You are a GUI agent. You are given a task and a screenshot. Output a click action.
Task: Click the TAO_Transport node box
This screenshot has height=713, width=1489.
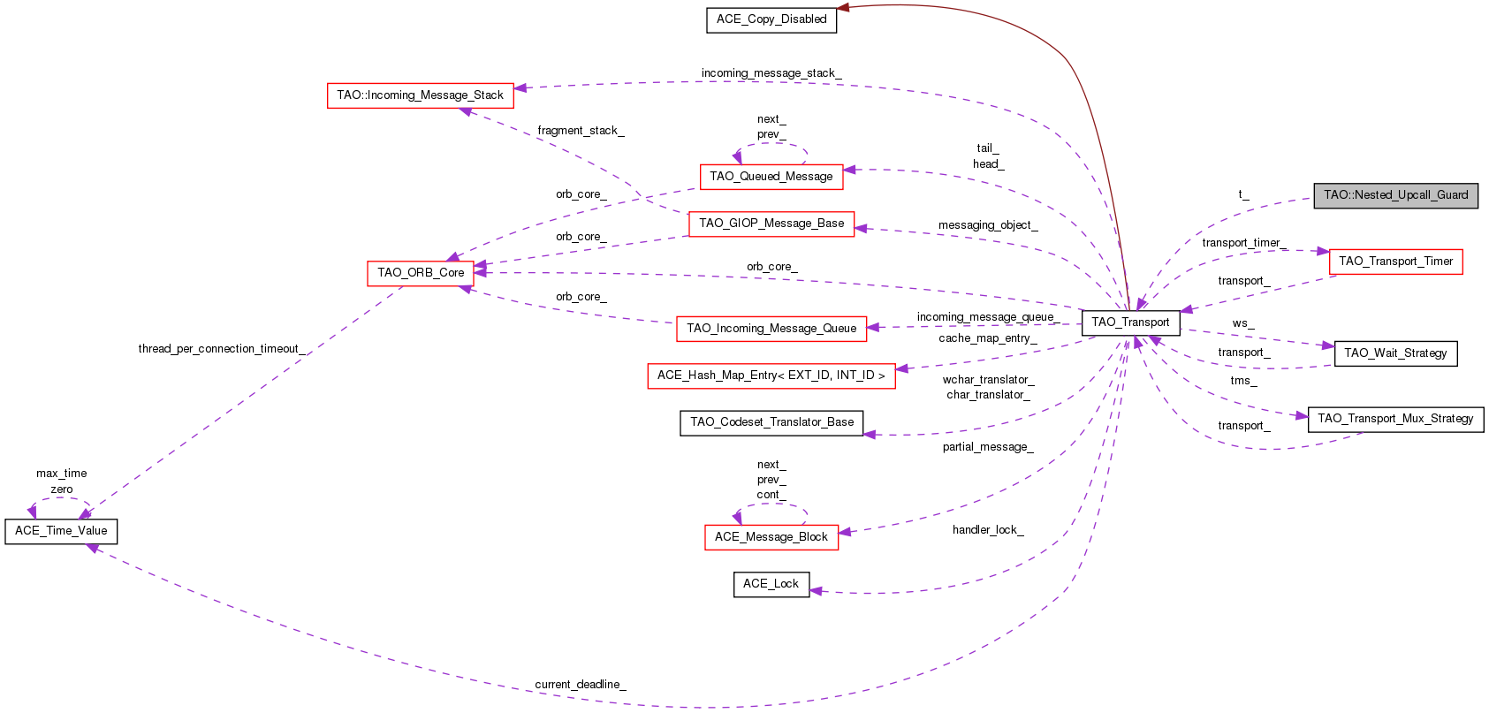(1130, 322)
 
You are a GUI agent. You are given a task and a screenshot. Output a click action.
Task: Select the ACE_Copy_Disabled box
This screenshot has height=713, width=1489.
(771, 19)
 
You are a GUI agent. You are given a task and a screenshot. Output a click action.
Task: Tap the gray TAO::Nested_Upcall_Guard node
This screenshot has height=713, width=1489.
(1395, 195)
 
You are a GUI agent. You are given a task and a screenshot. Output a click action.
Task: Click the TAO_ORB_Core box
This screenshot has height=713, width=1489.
(421, 273)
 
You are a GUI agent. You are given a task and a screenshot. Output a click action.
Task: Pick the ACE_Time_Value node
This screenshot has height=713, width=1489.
(61, 531)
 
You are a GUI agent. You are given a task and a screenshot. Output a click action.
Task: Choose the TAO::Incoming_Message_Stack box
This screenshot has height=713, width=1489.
(420, 95)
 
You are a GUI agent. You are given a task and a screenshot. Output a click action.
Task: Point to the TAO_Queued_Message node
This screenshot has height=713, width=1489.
(771, 177)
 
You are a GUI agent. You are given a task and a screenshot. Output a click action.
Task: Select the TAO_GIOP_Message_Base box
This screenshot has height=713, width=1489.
(771, 224)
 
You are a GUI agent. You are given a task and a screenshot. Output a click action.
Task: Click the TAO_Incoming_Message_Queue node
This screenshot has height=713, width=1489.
(771, 329)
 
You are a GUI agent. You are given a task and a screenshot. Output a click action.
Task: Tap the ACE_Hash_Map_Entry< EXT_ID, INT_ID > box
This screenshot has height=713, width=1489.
(771, 375)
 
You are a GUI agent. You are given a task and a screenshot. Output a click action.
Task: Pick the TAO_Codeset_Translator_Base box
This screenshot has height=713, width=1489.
(771, 422)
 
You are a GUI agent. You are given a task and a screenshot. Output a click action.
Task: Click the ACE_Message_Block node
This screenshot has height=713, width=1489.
(771, 537)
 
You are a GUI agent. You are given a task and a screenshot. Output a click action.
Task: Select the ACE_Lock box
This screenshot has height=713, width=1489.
(771, 584)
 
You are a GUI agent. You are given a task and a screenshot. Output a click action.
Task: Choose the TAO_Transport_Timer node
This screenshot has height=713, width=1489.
(1395, 262)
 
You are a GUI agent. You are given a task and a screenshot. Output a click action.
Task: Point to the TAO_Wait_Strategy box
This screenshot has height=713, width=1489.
(1395, 353)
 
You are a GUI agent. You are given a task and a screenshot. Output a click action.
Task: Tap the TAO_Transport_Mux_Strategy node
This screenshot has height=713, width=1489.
(1395, 419)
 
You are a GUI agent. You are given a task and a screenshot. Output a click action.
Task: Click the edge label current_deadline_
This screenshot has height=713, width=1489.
(580, 685)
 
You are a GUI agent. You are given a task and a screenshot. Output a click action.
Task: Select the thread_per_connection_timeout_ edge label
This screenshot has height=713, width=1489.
(221, 349)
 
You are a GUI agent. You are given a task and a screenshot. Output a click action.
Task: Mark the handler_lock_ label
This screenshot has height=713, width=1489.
(987, 530)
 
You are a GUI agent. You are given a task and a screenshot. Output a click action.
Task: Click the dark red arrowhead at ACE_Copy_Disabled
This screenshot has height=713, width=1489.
(843, 8)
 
